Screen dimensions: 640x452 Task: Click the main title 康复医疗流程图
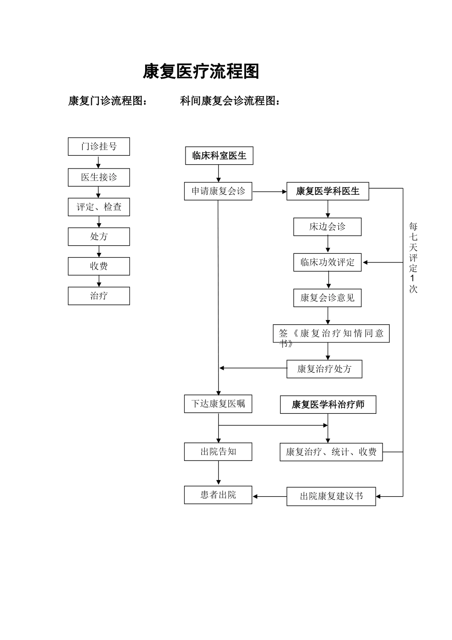pyautogui.click(x=201, y=71)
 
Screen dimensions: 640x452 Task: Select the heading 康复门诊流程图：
pyautogui.click(x=108, y=101)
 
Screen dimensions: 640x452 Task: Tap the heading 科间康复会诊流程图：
pyautogui.click(x=230, y=101)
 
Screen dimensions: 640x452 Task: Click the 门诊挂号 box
pyautogui.click(x=98, y=147)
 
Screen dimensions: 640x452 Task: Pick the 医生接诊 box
pyautogui.click(x=98, y=177)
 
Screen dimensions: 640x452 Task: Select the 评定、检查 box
pyautogui.click(x=98, y=207)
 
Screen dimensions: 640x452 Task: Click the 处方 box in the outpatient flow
pyautogui.click(x=98, y=237)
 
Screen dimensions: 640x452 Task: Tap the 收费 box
pyautogui.click(x=98, y=266)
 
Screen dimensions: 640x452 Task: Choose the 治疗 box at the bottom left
pyautogui.click(x=98, y=296)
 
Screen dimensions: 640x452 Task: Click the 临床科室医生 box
pyautogui.click(x=219, y=156)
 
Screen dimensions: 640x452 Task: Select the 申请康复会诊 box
pyautogui.click(x=218, y=191)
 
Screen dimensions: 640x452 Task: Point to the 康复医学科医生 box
pyautogui.click(x=327, y=191)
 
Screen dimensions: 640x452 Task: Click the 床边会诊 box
pyautogui.click(x=327, y=227)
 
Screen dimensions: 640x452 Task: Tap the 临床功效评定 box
pyautogui.click(x=327, y=262)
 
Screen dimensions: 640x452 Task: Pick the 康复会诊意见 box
pyautogui.click(x=327, y=298)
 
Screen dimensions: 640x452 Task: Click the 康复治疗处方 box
pyautogui.click(x=324, y=369)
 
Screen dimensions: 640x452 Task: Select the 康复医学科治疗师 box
pyautogui.click(x=328, y=405)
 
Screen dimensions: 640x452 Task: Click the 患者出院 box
pyautogui.click(x=218, y=495)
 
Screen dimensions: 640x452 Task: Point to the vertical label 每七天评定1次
pyautogui.click(x=413, y=257)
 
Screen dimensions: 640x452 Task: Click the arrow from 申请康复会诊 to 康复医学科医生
pyautogui.click(x=269, y=192)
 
